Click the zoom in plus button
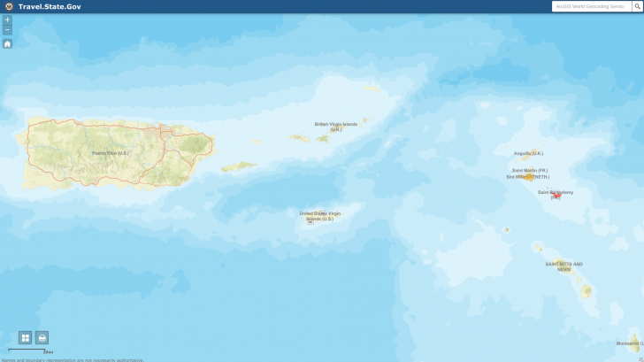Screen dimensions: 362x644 7,19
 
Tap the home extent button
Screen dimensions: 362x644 7,43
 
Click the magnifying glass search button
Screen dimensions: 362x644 637,6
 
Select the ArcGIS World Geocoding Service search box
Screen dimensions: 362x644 590,6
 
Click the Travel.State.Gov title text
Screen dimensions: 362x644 50,6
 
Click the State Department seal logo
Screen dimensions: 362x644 8,6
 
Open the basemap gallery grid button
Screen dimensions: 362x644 25,337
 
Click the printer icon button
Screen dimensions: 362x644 42,337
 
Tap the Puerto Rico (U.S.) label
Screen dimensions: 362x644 111,153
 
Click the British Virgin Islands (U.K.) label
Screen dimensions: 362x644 336,126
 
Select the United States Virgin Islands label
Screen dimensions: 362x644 319,215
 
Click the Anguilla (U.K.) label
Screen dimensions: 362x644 528,153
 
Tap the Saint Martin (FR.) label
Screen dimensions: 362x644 529,170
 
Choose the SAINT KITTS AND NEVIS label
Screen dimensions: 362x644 563,266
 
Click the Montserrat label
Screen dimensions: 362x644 629,343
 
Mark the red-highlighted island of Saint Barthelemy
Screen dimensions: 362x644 556,194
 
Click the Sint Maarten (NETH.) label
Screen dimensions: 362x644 527,176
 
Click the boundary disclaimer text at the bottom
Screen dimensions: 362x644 73,359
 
